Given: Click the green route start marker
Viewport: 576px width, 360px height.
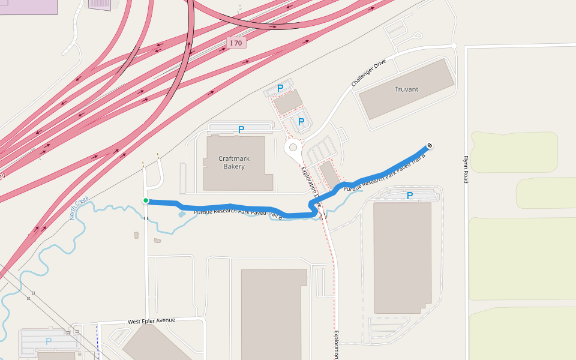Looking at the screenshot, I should pos(145,200).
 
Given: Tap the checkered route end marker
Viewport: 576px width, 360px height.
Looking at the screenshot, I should pos(430,145).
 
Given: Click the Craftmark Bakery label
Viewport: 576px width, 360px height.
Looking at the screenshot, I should pos(234,162).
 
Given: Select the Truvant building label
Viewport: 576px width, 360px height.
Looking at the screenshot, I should pos(406,89).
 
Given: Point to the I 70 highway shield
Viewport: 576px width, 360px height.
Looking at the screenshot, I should pos(237,43).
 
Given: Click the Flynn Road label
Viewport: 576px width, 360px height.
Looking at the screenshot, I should pos(465,170).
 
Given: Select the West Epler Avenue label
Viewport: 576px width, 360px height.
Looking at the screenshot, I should pos(151,321).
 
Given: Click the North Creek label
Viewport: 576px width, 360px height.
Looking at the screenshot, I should pos(79,208).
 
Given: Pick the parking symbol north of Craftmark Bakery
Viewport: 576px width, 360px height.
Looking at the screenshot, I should pos(241,129).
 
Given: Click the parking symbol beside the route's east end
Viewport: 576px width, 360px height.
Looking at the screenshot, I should pos(410,196).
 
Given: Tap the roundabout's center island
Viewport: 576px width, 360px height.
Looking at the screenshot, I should pos(293,147).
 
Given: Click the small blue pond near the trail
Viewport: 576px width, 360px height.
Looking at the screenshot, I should pos(182,214).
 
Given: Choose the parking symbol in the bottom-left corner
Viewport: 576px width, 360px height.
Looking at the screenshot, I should pos(49,341).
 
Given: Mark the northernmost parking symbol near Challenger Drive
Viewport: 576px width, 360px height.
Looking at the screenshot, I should pos(280,88).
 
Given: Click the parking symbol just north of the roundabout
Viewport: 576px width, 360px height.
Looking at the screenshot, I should pos(301,122).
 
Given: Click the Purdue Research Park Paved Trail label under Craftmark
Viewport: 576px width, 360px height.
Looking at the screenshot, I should pos(238,214).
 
